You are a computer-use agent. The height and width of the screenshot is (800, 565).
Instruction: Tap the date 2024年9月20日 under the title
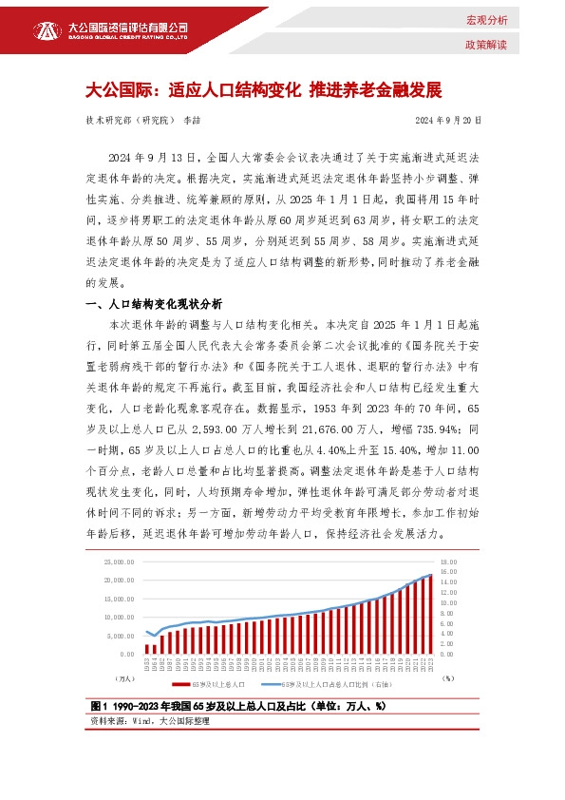[449, 121]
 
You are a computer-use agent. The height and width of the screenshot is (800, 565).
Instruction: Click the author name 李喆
[193, 121]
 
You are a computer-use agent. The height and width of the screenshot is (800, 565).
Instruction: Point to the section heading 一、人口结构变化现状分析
[154, 304]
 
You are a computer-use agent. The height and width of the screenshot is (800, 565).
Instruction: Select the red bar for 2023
[430, 614]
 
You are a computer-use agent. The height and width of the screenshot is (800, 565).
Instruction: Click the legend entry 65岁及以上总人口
[215, 683]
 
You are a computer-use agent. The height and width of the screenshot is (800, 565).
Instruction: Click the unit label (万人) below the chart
[123, 678]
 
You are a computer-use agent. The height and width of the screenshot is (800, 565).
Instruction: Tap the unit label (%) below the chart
[447, 678]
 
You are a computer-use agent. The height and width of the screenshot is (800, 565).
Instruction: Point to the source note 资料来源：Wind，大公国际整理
[147, 722]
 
